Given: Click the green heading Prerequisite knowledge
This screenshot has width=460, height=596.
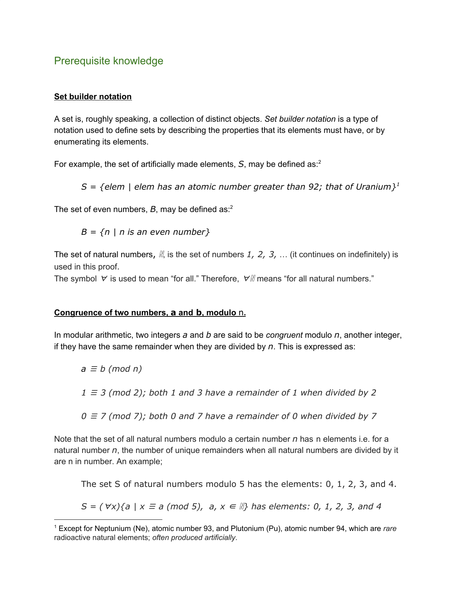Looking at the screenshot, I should pos(109,61).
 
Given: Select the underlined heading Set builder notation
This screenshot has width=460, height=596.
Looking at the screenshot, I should pos(93,97).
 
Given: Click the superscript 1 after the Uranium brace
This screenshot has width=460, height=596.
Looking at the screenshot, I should pos(398,184).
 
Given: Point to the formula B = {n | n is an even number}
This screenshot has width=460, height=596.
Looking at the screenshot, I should pos(145,232).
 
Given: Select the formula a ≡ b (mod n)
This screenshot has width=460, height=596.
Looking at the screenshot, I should pos(111,369).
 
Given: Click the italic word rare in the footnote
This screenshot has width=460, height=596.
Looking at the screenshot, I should pos(390,528).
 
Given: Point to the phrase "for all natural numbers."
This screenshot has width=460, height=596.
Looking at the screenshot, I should pos(329,279).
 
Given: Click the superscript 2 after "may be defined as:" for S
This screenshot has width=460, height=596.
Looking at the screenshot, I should pos(320,162).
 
